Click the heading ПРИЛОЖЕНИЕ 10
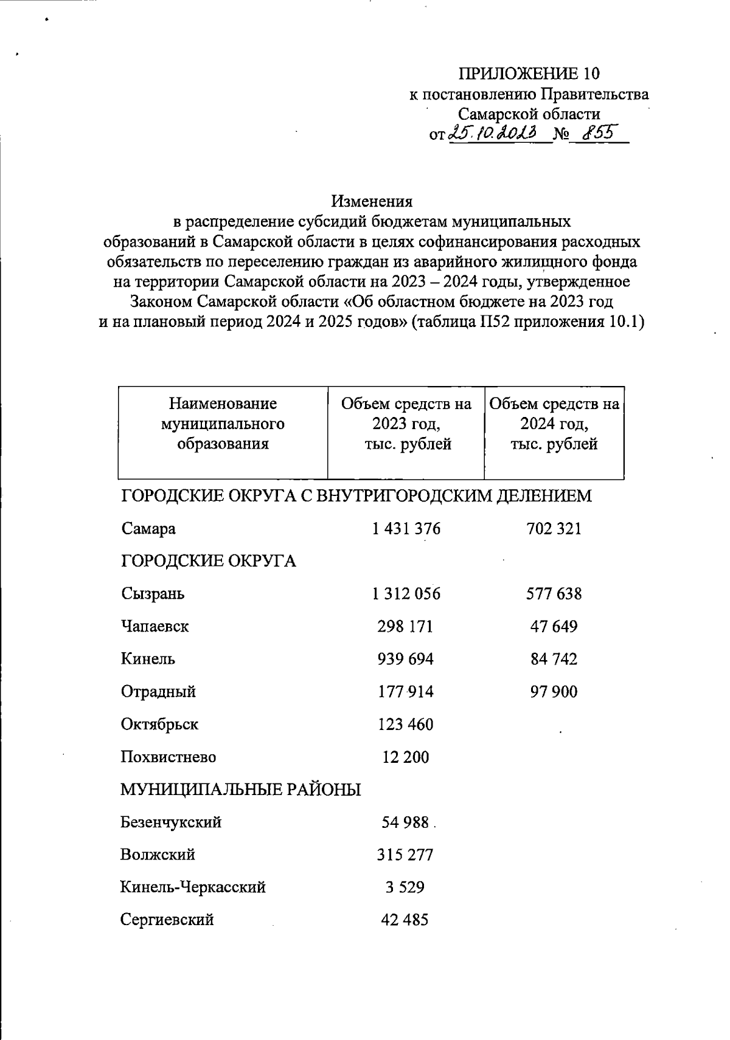pos(529,74)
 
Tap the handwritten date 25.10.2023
pos(492,132)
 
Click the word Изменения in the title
pos(372,201)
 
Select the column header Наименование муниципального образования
pos(223,424)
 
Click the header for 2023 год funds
pos(406,424)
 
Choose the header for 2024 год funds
pos(554,424)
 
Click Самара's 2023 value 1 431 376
pos(406,529)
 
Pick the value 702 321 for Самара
pos(554,529)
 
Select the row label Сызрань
pos(153,594)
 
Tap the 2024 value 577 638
pos(554,594)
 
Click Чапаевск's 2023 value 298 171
pos(405,627)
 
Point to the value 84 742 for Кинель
pos(554,659)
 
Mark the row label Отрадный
pos(158,692)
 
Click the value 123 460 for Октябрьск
pos(405,725)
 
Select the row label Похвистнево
pos(169,757)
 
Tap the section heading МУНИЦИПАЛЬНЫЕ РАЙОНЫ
pos(240,790)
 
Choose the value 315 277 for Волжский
pos(405,855)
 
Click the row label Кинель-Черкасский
pos(193,887)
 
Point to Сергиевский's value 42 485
pos(405,920)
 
